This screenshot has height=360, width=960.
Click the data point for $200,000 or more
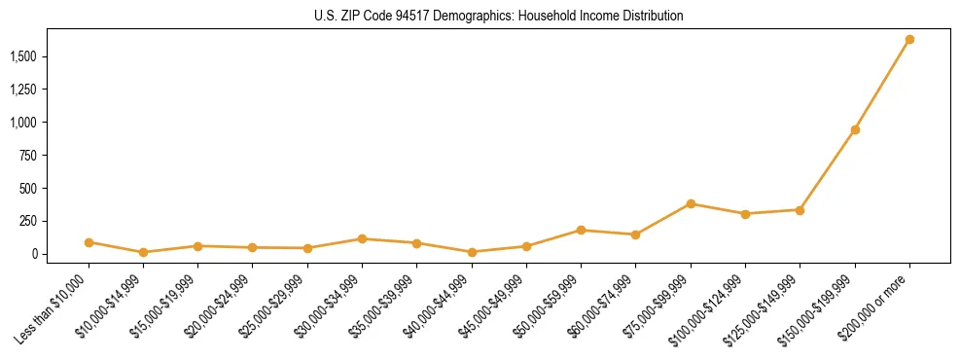pos(909,40)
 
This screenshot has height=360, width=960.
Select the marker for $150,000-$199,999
pos(855,129)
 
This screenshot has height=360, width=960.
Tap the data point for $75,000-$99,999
pos(691,203)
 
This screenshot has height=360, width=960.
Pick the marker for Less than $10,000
pos(89,242)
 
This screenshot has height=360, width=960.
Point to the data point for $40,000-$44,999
pos(472,252)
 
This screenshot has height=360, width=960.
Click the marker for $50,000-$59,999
pos(581,230)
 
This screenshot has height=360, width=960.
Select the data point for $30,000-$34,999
pos(362,238)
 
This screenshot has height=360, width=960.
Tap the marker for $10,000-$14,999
pos(143,252)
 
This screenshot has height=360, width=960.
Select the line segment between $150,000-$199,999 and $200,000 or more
pos(882,85)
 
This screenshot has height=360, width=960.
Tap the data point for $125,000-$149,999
pos(800,209)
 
